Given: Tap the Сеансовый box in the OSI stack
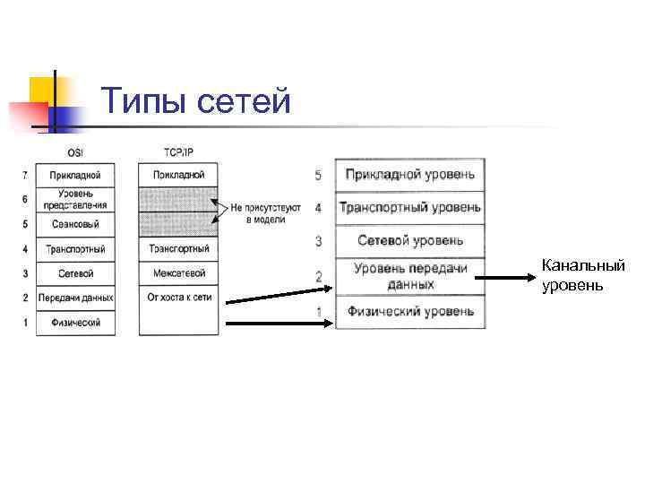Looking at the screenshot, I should (x=76, y=223).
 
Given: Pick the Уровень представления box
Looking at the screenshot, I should (x=76, y=198).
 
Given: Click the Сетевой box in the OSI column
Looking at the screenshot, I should (x=76, y=272).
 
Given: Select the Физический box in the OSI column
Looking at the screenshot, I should (x=76, y=322).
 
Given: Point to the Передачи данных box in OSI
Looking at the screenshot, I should (x=76, y=298).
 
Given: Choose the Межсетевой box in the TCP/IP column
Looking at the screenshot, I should (x=178, y=272).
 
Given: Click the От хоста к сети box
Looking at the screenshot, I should (x=178, y=298).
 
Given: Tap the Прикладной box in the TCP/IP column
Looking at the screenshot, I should (x=178, y=174).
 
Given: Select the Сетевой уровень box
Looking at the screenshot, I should (x=410, y=240).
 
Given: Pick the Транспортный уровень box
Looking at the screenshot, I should (x=410, y=208).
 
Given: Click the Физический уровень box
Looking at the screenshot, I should (x=410, y=312).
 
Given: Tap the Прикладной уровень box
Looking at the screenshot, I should (x=410, y=175).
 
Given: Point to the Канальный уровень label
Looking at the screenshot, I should (x=582, y=275).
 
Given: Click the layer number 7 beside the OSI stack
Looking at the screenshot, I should (x=25, y=174).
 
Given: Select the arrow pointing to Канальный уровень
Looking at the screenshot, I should (x=505, y=278).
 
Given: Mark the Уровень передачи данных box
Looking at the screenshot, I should (x=410, y=275).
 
